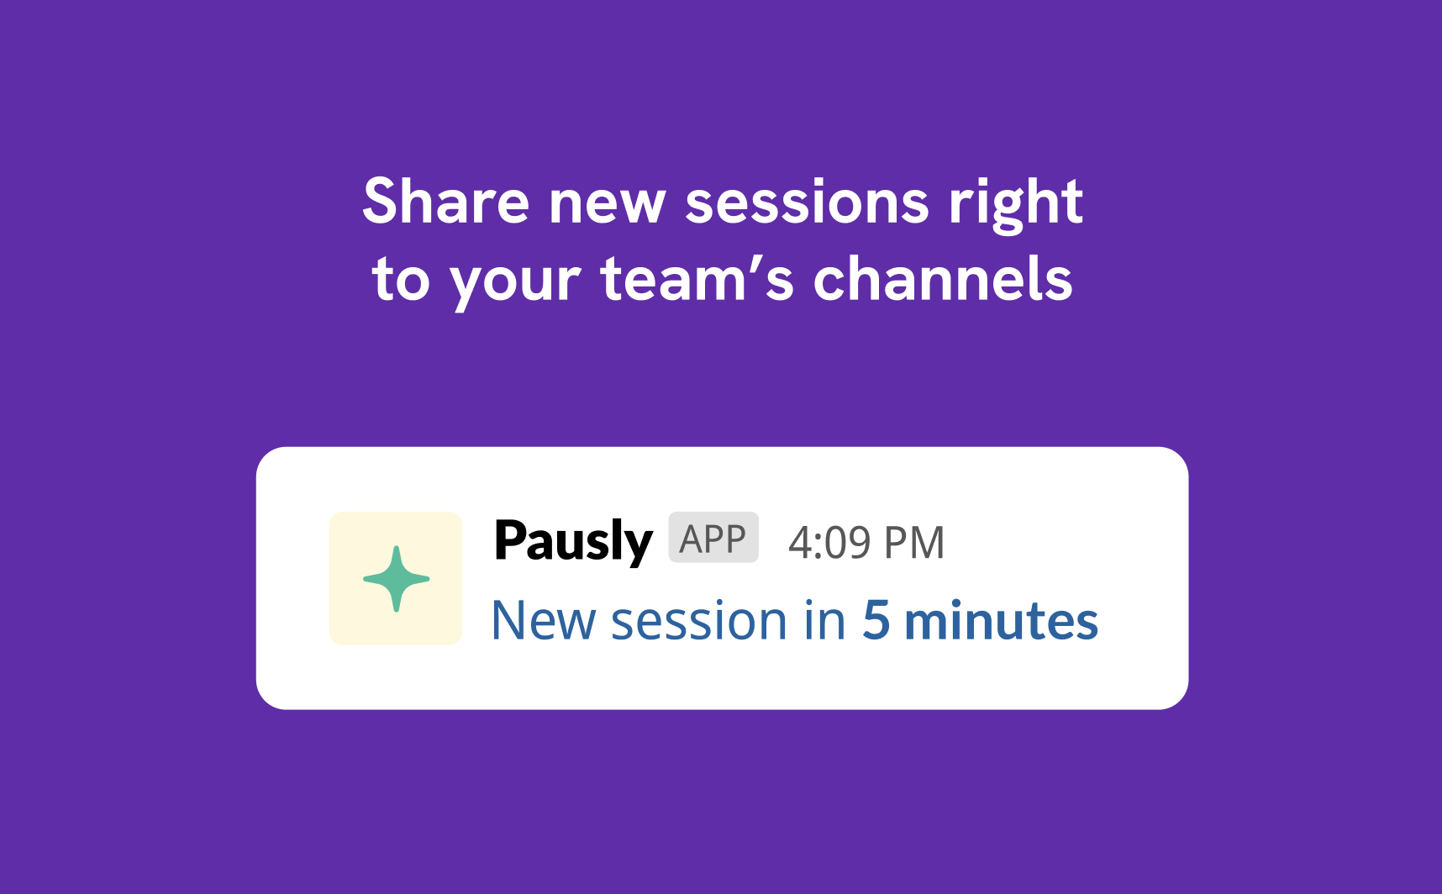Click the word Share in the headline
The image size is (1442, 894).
(x=446, y=202)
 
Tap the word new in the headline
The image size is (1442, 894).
(x=607, y=206)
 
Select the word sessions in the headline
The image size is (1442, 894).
(x=808, y=206)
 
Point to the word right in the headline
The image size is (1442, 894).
(x=1016, y=206)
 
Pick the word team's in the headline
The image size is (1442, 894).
(x=697, y=278)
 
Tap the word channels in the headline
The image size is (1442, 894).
(x=943, y=278)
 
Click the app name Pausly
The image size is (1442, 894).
(x=573, y=541)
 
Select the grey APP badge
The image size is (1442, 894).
(x=713, y=538)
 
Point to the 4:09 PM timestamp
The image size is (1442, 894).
(x=866, y=543)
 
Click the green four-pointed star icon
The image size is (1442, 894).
(x=396, y=579)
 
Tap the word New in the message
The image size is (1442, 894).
(x=544, y=621)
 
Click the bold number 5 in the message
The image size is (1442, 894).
(x=876, y=621)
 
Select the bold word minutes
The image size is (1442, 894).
(x=1001, y=621)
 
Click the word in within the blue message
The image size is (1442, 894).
(x=825, y=621)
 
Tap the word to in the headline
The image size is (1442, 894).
(x=401, y=280)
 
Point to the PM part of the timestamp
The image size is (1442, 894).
(x=914, y=543)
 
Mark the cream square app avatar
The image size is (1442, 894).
(x=396, y=578)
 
